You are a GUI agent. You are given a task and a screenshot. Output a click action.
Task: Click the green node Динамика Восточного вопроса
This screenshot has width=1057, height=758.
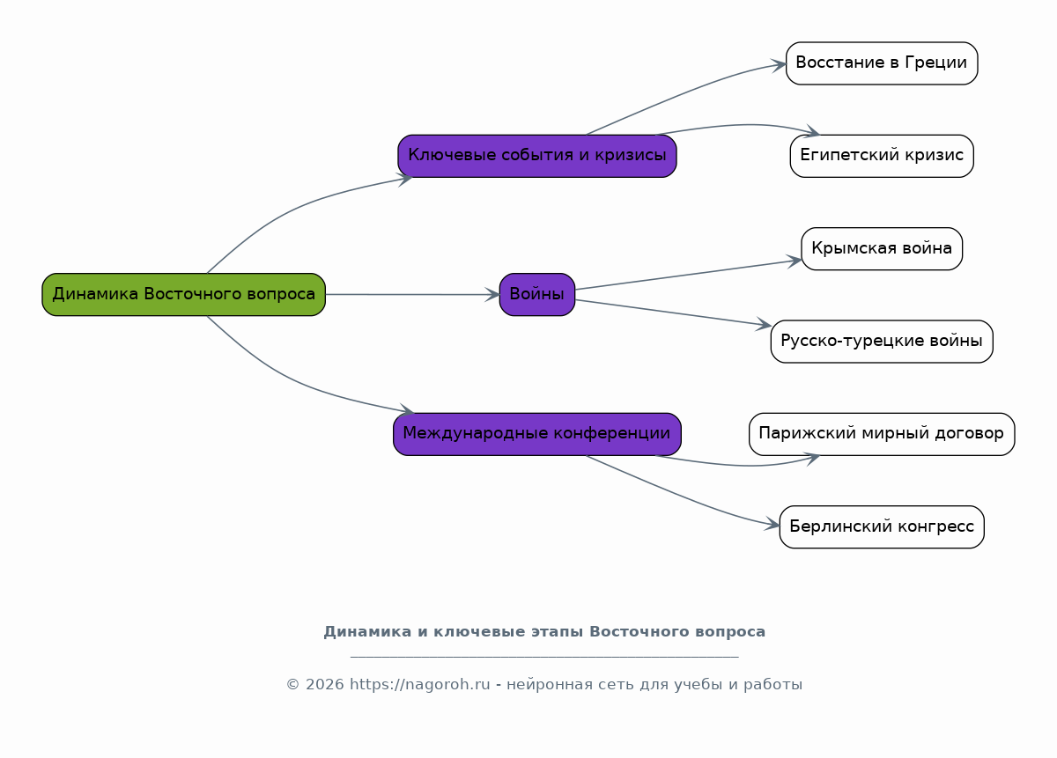[x=183, y=294]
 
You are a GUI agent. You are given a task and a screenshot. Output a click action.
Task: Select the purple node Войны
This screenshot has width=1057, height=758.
[x=537, y=294]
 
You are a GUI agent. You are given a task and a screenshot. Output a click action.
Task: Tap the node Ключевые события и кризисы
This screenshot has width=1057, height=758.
[x=537, y=156]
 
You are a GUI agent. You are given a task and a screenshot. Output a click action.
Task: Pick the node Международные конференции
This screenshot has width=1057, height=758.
[x=537, y=434]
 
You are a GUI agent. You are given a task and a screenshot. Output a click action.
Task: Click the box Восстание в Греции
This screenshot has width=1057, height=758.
[x=882, y=63]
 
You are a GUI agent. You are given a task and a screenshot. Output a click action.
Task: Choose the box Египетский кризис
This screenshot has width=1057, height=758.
[x=882, y=156]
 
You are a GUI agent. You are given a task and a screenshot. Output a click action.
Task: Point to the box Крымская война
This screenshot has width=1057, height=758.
[x=882, y=248]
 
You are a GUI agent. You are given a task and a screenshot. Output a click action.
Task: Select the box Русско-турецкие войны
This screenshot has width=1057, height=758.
[x=882, y=342]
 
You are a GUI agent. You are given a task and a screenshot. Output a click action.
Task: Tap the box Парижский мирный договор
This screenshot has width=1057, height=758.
[x=882, y=434]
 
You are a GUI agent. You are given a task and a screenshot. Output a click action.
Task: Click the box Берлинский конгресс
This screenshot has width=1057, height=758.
[x=882, y=526]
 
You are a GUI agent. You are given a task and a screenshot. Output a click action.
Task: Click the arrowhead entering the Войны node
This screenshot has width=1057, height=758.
[x=493, y=295]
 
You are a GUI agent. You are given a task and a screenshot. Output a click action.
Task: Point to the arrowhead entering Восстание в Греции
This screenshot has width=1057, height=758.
[x=779, y=65]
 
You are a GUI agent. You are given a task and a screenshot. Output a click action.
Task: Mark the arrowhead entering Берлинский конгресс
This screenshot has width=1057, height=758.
[x=772, y=524]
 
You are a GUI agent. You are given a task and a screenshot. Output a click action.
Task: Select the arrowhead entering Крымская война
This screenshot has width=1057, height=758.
[x=795, y=261]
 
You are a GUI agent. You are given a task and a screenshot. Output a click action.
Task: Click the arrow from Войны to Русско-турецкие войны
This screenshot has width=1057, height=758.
[x=673, y=313]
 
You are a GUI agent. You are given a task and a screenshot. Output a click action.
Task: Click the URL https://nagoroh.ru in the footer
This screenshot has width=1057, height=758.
[x=420, y=684]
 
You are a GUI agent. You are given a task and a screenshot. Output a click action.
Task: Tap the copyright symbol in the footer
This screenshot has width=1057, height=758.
[x=293, y=684]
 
